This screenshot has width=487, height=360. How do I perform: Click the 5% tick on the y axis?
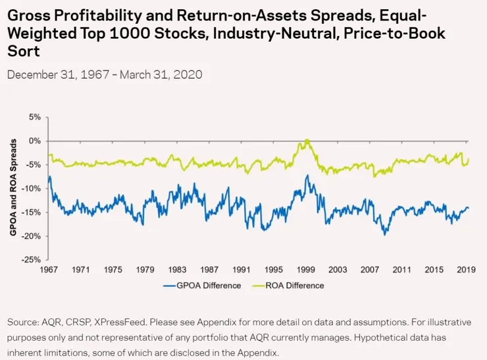coord(34,117)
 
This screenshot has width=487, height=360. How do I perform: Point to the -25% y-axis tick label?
coord(31,259)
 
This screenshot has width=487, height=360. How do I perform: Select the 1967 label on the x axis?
coord(49,270)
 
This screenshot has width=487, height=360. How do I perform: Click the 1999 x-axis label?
coord(307,270)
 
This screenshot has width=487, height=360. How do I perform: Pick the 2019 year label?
coord(467,270)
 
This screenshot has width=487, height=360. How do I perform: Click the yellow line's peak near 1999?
coord(307,140)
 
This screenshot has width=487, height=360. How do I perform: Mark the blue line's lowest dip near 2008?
coord(385,234)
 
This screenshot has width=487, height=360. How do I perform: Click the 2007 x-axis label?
coord(371,270)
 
